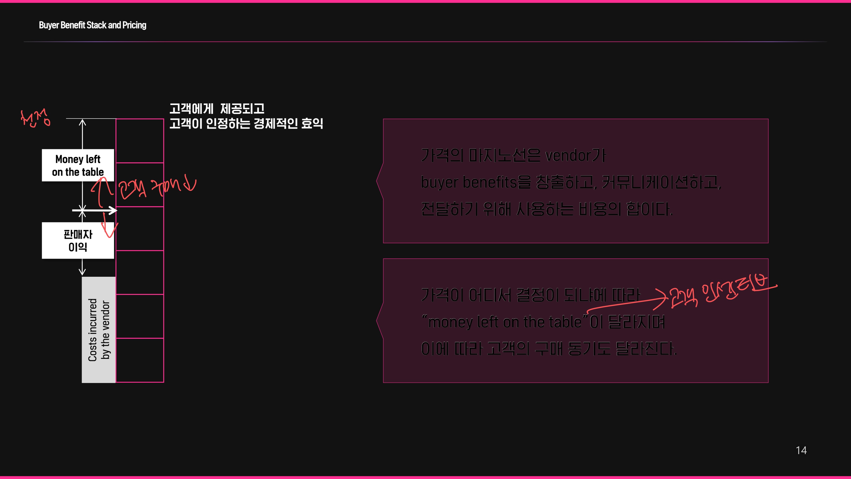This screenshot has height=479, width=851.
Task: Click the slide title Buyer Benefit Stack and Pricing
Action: [x=93, y=25]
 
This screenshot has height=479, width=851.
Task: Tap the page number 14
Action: [x=801, y=450]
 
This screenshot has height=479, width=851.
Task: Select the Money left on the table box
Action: [x=78, y=165]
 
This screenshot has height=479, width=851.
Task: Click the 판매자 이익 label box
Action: [x=78, y=240]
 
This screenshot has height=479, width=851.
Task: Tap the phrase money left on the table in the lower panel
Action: [x=505, y=322]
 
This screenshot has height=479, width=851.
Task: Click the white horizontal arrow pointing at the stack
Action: [x=96, y=210]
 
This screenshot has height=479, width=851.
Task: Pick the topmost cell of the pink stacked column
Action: [x=140, y=141]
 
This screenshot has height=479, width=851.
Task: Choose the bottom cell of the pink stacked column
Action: [x=140, y=360]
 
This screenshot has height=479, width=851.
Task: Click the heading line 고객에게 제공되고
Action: [x=217, y=108]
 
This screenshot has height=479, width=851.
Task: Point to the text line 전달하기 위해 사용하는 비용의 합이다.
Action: [x=547, y=209]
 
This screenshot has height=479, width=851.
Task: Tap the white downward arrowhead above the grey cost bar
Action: [x=82, y=271]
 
